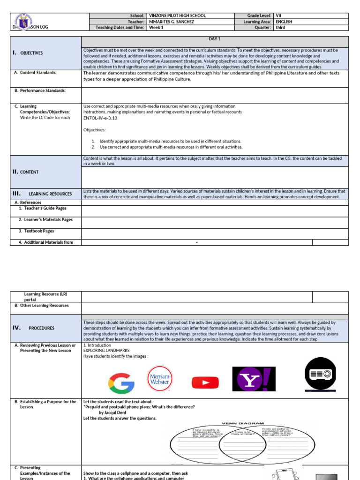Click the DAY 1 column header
click(x=215, y=39)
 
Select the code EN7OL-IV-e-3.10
click(x=100, y=118)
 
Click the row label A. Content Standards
click(x=35, y=73)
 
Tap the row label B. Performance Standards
click(x=40, y=90)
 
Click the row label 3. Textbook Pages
click(x=36, y=231)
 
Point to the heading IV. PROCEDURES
click(x=34, y=328)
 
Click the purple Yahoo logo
click(x=254, y=379)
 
